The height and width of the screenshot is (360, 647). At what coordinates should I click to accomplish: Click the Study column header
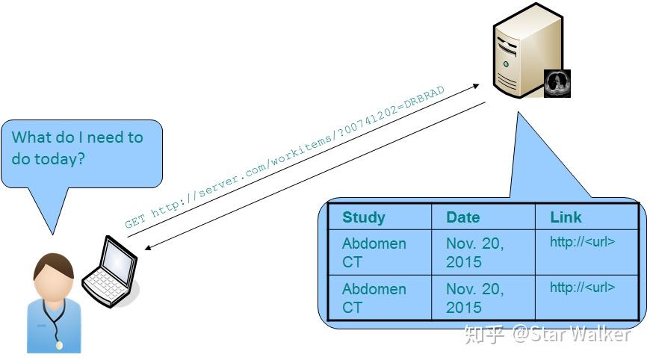(363, 217)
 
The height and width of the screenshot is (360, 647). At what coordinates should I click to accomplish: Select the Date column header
(462, 217)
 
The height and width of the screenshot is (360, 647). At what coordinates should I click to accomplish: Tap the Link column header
(565, 217)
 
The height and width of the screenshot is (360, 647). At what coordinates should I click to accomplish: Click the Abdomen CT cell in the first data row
(374, 252)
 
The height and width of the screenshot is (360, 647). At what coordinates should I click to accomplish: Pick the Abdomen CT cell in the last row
(374, 298)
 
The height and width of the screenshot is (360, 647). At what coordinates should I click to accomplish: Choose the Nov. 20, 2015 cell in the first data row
(474, 252)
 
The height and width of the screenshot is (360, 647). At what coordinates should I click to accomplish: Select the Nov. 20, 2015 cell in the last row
(474, 298)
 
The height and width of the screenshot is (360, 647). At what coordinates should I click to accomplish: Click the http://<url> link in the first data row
(582, 242)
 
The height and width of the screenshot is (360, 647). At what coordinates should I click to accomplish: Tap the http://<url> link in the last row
(582, 288)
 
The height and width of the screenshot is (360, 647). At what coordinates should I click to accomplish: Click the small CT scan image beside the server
(557, 84)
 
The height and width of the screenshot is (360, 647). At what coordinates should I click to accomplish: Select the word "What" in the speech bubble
(32, 137)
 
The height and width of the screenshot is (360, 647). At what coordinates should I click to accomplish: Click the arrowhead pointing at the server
(474, 87)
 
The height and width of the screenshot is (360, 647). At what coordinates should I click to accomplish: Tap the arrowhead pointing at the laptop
(146, 246)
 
